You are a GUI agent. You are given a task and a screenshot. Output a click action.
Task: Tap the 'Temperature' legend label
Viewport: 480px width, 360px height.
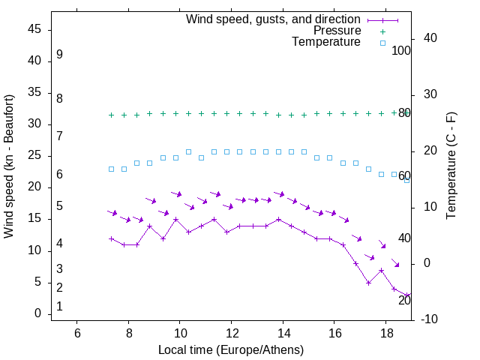326,43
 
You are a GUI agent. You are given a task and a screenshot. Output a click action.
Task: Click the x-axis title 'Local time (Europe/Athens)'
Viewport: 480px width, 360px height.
230,350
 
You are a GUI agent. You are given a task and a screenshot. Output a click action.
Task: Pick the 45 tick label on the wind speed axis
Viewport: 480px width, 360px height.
34,29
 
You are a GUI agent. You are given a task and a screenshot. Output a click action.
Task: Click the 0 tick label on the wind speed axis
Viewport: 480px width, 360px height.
37,313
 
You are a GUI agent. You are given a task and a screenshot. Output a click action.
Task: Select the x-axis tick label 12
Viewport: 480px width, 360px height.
231,332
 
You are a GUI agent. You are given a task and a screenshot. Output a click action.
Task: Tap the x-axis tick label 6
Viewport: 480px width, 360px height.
76,332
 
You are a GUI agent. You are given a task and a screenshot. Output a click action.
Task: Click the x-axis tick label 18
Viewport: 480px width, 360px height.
385,332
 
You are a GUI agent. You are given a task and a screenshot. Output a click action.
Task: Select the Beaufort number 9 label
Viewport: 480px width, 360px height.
59,55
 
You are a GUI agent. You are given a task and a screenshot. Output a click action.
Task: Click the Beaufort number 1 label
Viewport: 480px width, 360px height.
59,307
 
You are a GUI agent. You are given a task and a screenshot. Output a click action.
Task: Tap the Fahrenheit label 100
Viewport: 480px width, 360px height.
402,51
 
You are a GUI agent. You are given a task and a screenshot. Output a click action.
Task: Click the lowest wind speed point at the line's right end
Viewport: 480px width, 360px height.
406,295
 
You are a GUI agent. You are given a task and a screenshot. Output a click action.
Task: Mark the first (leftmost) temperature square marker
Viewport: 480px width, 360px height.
111,169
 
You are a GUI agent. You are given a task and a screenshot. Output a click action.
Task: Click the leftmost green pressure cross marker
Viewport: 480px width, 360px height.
111,115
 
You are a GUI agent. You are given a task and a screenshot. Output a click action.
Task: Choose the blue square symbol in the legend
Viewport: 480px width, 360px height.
382,43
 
